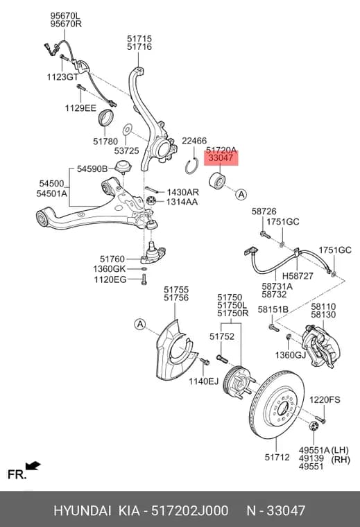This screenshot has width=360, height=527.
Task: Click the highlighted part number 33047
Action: click(221, 157)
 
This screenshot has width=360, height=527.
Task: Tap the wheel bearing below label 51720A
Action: click(218, 181)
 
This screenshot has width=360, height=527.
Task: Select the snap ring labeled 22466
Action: click(192, 166)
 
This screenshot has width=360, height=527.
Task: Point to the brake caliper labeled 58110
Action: click(321, 346)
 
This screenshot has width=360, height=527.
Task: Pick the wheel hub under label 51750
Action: click(239, 383)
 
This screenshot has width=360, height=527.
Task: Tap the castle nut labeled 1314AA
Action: click(151, 202)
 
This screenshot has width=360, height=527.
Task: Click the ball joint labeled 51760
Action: click(153, 254)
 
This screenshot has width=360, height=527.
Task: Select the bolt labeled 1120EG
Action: click(144, 279)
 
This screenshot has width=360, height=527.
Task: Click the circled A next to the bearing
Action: click(241, 194)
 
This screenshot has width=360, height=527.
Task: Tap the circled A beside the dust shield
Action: click(139, 325)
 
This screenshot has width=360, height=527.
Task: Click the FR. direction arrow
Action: click(33, 466)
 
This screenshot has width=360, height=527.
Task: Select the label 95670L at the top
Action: click(66, 16)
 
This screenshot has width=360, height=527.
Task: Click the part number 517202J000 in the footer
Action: click(190, 510)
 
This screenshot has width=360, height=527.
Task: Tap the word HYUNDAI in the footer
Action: click(82, 510)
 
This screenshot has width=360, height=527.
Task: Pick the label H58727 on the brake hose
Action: click(298, 276)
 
